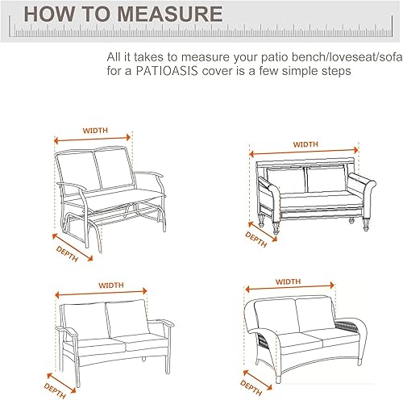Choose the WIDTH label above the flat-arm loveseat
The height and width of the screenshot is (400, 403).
click(x=111, y=285)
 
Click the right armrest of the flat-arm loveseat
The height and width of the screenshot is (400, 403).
click(x=164, y=325)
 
